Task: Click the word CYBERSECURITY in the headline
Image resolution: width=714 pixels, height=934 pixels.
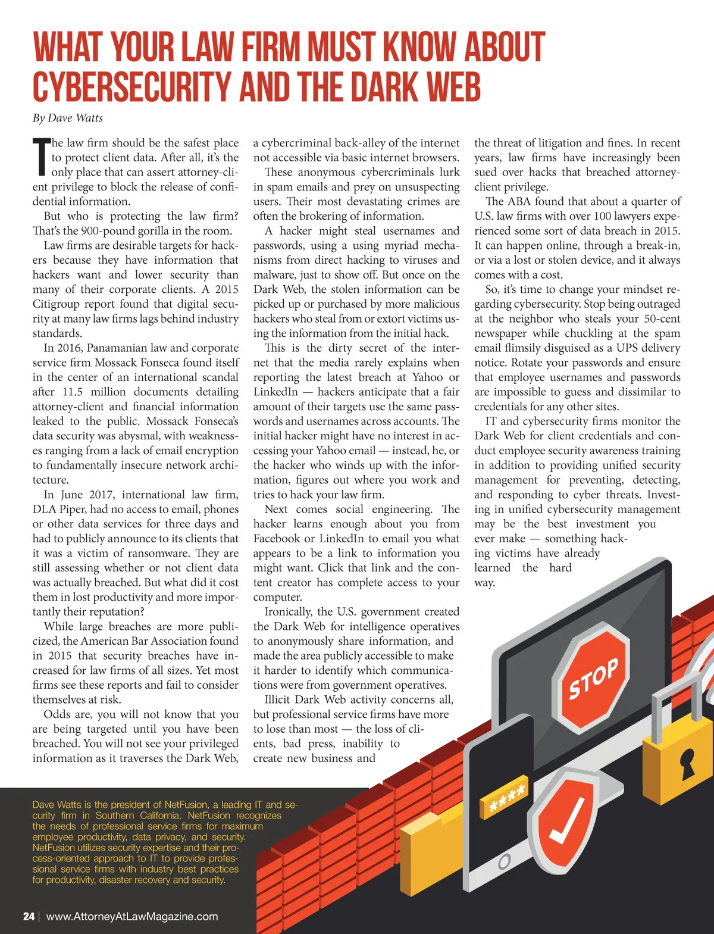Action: pyautogui.click(x=131, y=88)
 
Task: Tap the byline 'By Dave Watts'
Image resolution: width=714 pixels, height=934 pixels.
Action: pyautogui.click(x=67, y=118)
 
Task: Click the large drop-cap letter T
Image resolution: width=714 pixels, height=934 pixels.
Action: pyautogui.click(x=40, y=158)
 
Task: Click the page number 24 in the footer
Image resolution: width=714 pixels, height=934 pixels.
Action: pyautogui.click(x=29, y=917)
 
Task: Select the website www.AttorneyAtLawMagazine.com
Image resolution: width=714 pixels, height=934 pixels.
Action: pyautogui.click(x=132, y=917)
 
